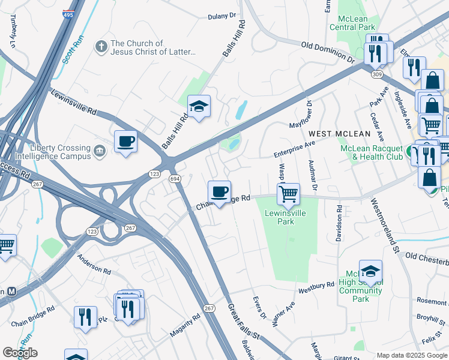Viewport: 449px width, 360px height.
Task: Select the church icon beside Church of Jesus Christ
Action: click(x=101, y=47)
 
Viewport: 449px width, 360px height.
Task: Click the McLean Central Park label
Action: click(x=352, y=23)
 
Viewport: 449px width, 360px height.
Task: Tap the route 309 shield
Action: click(x=376, y=74)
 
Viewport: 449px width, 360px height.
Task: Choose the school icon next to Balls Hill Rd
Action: click(x=199, y=107)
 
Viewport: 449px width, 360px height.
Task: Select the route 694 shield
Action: click(x=175, y=179)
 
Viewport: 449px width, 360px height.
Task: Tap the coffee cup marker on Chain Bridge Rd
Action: click(x=219, y=192)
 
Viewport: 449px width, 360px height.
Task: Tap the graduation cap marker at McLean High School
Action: click(x=370, y=271)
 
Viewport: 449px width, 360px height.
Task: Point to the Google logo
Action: click(x=20, y=353)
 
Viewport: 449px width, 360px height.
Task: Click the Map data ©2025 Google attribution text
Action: click(x=412, y=355)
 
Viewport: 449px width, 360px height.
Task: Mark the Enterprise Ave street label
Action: click(x=294, y=149)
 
